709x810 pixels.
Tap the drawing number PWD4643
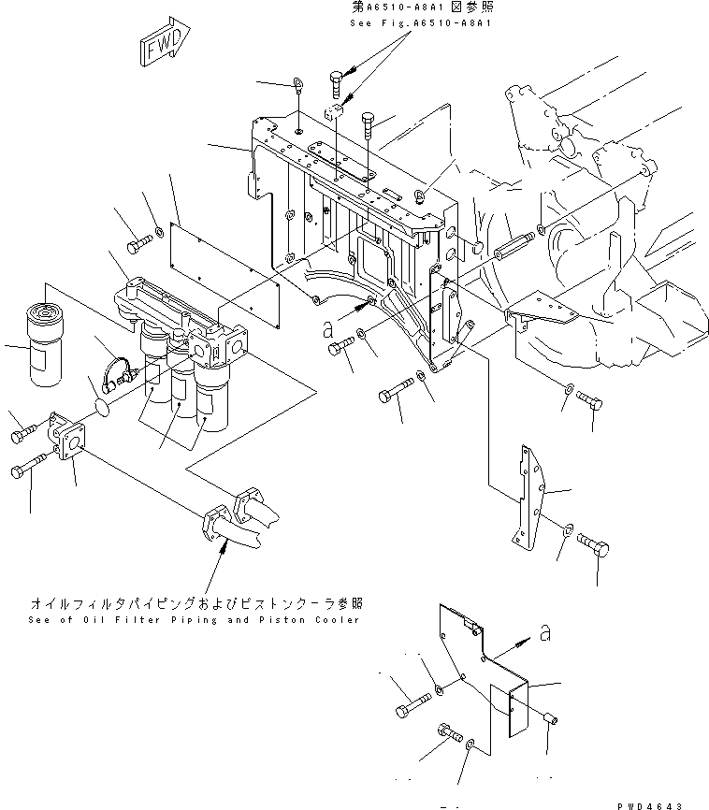click(668, 803)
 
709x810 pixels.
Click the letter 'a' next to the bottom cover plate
click(544, 636)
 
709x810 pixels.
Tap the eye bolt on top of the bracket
click(296, 85)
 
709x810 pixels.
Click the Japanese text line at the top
click(408, 7)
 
